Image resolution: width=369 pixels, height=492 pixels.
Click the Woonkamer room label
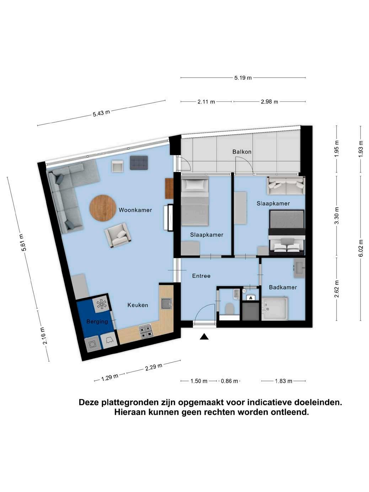click(135, 210)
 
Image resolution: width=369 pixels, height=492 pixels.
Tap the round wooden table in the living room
click(103, 208)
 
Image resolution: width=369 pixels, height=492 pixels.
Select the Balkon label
click(242, 152)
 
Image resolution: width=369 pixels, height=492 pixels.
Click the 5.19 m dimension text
click(243, 78)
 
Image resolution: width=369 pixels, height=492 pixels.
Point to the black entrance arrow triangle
click(204, 336)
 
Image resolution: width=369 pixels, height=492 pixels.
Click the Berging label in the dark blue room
click(97, 322)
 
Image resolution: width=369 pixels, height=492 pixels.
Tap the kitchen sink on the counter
click(167, 304)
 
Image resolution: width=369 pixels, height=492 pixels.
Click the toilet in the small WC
click(229, 309)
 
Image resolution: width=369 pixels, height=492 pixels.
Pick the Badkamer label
click(283, 287)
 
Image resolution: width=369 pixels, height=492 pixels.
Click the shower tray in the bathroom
click(274, 307)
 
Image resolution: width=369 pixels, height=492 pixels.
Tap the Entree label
click(201, 276)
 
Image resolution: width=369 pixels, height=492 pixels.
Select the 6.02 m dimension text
click(360, 248)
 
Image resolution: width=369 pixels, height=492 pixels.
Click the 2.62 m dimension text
click(336, 289)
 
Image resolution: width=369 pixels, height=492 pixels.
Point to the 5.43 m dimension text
click(101, 113)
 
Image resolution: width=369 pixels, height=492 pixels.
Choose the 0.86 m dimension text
click(229, 381)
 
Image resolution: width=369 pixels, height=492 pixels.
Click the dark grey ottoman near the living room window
click(139, 162)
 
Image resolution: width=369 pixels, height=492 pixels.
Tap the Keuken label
click(138, 305)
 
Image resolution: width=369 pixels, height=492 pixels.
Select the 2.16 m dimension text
click(44, 336)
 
